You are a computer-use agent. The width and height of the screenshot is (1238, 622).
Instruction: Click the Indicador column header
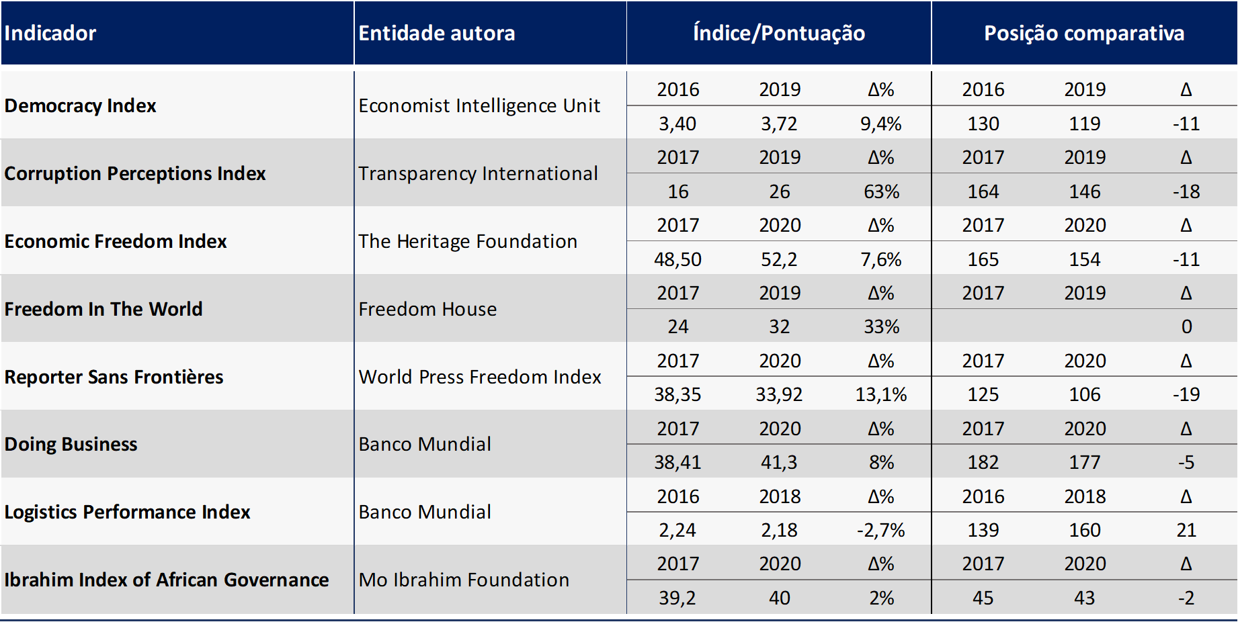click(x=50, y=33)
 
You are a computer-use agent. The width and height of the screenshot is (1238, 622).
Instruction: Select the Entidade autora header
click(x=437, y=33)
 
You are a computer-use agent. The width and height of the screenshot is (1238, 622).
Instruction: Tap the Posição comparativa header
click(x=1084, y=33)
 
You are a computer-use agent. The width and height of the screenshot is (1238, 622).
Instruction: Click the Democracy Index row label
click(x=80, y=105)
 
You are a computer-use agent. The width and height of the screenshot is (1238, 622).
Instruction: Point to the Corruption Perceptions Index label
click(x=135, y=173)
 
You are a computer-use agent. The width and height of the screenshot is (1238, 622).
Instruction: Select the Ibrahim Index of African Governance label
click(x=167, y=580)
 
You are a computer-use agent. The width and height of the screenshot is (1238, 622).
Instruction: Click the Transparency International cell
click(x=478, y=173)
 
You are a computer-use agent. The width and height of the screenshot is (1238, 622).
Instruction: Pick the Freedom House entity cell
click(x=427, y=309)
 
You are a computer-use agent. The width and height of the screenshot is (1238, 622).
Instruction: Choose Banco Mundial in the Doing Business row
click(x=425, y=444)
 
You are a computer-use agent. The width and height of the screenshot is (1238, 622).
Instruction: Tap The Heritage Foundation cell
click(x=468, y=241)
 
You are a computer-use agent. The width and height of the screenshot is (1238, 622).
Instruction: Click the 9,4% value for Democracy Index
click(x=881, y=124)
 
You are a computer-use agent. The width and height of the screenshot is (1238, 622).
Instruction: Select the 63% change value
click(x=881, y=191)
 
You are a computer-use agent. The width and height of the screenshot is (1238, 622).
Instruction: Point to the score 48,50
click(x=677, y=259)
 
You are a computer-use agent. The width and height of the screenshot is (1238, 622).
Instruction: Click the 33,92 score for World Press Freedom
click(x=779, y=394)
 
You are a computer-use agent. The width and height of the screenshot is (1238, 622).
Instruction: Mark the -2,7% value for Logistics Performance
click(x=880, y=530)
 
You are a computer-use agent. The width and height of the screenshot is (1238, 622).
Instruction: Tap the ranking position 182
click(x=983, y=462)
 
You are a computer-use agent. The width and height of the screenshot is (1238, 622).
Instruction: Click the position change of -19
click(x=1186, y=394)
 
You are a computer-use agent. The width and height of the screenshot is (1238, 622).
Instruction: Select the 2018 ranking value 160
click(x=1085, y=530)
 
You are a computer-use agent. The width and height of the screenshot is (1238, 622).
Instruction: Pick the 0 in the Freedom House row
click(x=1187, y=326)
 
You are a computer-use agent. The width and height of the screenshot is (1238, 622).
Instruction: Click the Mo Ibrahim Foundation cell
click(x=464, y=580)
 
